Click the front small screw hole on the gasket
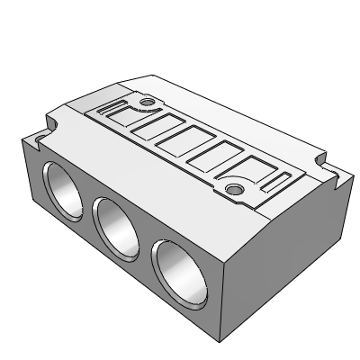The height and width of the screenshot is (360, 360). (x=234, y=188)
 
